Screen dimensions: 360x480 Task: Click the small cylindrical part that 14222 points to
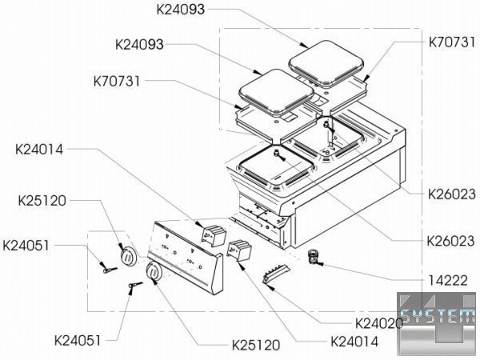pyautogui.click(x=313, y=255)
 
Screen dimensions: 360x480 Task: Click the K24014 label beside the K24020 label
pyautogui.click(x=354, y=340)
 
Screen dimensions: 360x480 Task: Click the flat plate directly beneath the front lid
pyautogui.click(x=264, y=118)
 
